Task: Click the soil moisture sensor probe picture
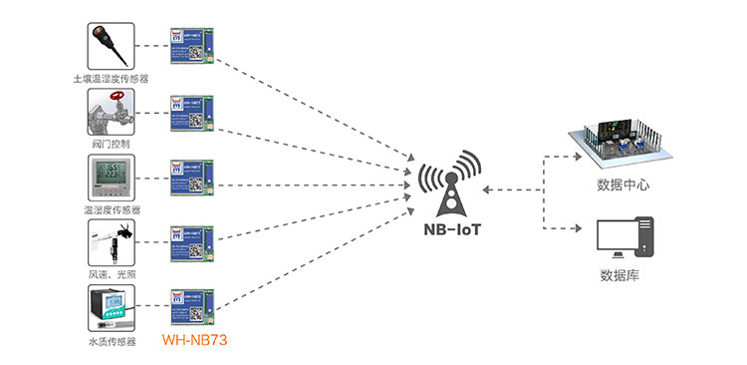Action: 112,45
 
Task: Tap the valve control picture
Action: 112,112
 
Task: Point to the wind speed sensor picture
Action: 112,242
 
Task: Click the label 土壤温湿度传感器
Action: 111,78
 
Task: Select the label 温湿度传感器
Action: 111,210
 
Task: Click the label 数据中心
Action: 623,184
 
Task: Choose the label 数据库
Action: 620,276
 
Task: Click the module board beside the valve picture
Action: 190,115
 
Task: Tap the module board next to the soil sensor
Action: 190,46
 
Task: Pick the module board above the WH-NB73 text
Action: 190,308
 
